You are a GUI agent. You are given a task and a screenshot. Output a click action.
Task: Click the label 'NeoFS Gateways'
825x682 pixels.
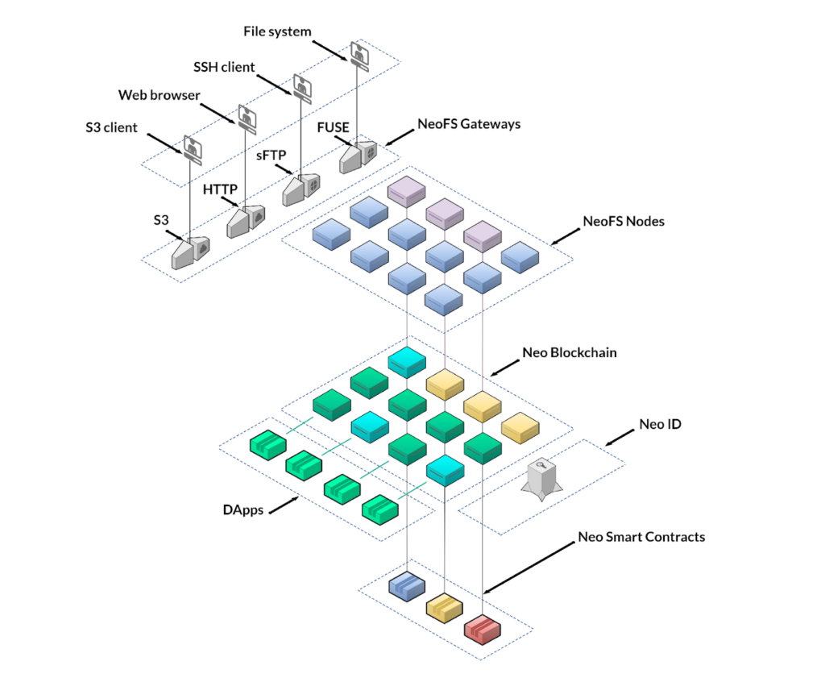tap(468, 124)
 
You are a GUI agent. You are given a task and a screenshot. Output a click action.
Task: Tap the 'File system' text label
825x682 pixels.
tap(277, 31)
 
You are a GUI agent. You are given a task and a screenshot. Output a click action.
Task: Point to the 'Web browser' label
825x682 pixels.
tap(159, 95)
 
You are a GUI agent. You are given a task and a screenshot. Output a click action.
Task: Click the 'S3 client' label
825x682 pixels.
tap(111, 127)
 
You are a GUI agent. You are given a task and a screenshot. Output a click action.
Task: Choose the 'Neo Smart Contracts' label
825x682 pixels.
tap(641, 536)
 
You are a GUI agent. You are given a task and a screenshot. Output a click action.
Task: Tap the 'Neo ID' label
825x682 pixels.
tap(660, 423)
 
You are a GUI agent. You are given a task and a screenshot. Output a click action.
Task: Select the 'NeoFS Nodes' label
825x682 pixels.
tap(624, 221)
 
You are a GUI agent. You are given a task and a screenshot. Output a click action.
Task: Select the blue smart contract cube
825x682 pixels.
tap(407, 585)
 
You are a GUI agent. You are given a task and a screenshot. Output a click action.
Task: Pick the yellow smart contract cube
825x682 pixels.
tap(445, 605)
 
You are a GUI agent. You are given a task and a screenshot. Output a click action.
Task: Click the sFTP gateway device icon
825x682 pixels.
tap(301, 189)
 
